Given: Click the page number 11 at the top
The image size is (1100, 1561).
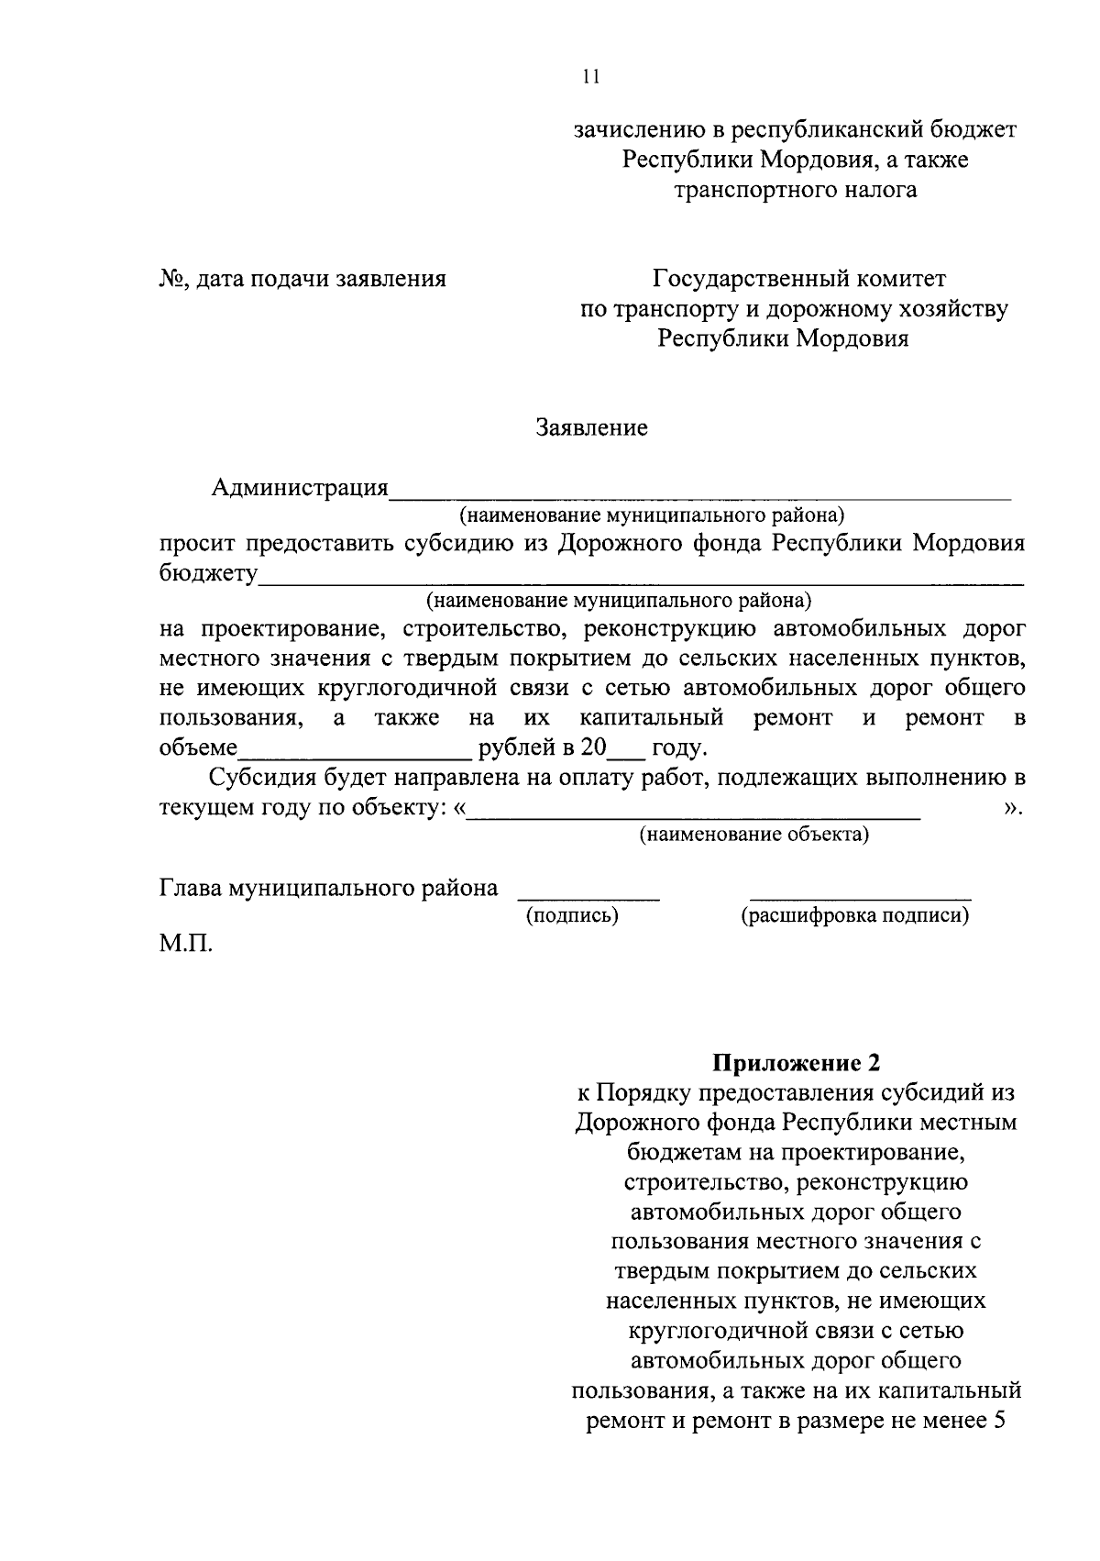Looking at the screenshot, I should click(x=590, y=77).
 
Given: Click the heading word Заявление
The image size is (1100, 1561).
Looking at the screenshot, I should click(x=592, y=427).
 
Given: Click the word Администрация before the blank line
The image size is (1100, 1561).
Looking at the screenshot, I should click(x=300, y=487).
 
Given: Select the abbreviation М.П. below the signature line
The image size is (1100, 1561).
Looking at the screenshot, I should click(x=186, y=943).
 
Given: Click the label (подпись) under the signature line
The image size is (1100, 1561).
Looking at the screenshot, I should click(x=572, y=915).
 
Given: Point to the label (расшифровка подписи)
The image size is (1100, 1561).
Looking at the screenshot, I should click(x=854, y=915).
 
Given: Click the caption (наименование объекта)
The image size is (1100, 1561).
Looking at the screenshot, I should click(x=753, y=835).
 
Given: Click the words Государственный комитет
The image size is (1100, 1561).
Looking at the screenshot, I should click(x=798, y=278).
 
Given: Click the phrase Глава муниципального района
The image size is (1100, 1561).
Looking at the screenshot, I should click(x=329, y=888).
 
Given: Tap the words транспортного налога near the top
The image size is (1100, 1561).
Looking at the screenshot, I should click(x=795, y=190).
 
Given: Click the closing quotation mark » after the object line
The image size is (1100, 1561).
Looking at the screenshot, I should click(x=1012, y=808).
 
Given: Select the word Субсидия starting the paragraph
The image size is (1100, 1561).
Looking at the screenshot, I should click(x=261, y=778).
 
